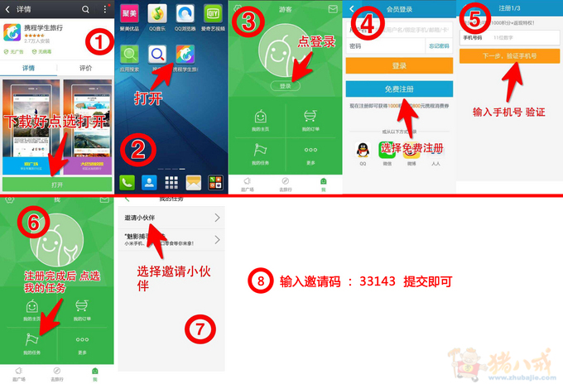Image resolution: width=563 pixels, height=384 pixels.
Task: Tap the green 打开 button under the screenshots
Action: [56, 184]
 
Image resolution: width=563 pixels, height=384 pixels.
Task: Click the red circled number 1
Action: [99, 39]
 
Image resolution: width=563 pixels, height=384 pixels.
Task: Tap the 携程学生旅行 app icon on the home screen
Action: [185, 55]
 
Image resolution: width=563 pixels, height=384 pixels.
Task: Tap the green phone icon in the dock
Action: [128, 183]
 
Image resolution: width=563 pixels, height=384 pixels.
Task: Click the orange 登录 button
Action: [399, 65]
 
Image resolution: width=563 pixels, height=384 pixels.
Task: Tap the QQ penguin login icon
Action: [363, 150]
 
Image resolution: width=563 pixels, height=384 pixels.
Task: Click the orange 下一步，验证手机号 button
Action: [509, 56]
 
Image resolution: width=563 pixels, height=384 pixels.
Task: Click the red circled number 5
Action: [474, 17]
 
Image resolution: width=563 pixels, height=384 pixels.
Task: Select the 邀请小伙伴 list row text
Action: [141, 218]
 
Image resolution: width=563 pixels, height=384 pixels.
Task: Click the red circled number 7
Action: [198, 328]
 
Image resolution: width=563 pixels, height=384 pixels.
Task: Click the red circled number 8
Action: [260, 281]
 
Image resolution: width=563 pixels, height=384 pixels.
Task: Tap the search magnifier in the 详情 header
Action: [85, 8]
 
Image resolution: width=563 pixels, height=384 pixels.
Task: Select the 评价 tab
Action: [84, 68]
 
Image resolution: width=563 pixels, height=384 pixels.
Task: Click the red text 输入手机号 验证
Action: [508, 111]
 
